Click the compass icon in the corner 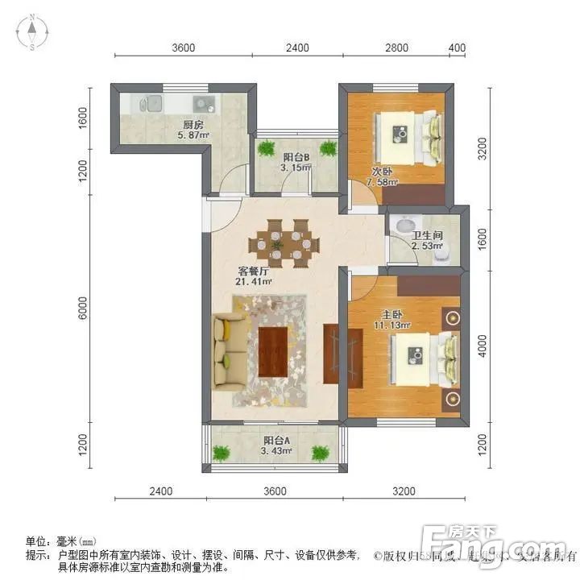31,33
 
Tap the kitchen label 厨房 192,124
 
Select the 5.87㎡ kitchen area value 193,136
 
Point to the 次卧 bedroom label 381,172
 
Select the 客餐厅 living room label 252,271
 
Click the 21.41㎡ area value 254,283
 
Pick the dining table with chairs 277,242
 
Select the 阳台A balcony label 277,441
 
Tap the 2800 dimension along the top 395,48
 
